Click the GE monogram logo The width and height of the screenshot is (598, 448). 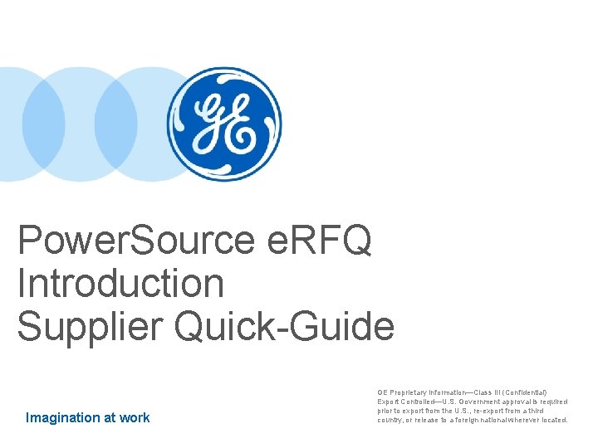[223, 125]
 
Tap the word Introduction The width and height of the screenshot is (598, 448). [120, 284]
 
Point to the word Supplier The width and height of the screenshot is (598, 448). [90, 326]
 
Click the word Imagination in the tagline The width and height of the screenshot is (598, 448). [64, 417]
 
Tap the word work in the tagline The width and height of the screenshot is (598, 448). [135, 417]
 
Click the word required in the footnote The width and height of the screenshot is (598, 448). [552, 401]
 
